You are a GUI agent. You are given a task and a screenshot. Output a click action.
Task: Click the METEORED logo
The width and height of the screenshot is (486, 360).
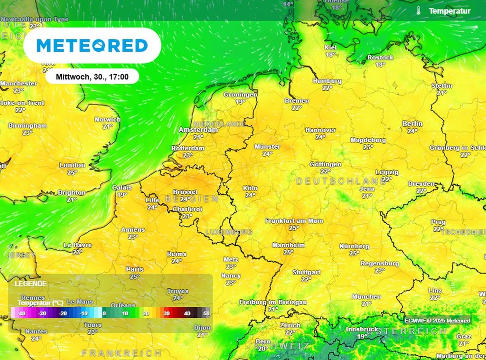[x=92, y=46]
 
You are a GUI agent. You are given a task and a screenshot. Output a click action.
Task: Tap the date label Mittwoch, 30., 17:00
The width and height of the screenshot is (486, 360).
[x=92, y=76]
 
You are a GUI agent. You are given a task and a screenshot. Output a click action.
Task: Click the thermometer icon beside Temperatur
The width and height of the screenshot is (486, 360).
[x=419, y=10]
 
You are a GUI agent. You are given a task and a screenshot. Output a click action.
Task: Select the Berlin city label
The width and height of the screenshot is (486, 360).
[x=412, y=124]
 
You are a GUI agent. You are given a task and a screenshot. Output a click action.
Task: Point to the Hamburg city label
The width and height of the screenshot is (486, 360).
[x=327, y=81]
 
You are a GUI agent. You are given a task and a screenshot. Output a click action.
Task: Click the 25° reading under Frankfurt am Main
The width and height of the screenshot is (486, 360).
[x=294, y=228]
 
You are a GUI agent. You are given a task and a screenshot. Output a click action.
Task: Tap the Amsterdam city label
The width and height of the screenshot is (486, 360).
[x=198, y=130]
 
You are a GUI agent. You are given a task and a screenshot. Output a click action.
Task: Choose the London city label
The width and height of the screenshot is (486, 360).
[x=72, y=165]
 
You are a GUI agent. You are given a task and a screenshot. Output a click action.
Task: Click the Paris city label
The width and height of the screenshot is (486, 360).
[x=135, y=269]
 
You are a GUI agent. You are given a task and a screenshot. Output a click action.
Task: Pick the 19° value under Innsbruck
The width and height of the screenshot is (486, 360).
[x=362, y=336]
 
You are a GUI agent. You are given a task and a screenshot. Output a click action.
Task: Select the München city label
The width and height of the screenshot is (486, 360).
[x=366, y=297]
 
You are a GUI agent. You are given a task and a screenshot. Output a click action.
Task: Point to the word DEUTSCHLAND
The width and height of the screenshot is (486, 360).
[x=341, y=181]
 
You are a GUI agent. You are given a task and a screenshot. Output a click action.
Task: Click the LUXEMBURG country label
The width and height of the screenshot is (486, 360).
[x=229, y=232]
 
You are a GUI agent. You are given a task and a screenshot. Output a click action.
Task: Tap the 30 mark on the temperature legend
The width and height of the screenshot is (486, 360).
[x=167, y=313]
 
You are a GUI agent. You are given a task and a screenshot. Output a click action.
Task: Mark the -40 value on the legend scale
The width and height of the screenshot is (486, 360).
[x=21, y=313]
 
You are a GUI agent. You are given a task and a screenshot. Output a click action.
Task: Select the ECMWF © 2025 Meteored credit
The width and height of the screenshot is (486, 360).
[x=437, y=321]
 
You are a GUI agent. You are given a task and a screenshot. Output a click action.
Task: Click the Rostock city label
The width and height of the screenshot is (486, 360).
[x=380, y=57]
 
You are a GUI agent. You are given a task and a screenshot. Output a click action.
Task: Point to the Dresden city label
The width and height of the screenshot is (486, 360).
[x=421, y=184]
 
